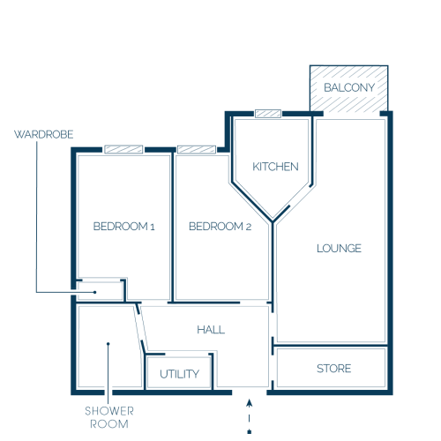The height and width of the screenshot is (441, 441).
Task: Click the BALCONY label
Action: [x=349, y=87]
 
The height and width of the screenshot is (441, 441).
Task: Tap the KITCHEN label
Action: [x=275, y=167]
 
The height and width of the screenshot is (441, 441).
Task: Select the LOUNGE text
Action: [x=339, y=249]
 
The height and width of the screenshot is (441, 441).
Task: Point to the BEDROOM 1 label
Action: [x=123, y=227]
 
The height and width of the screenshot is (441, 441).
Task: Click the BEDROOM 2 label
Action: [x=220, y=227]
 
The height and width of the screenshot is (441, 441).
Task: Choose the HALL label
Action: [x=211, y=330]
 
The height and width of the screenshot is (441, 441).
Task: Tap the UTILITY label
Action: [x=179, y=374]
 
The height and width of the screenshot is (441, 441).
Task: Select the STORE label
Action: [x=334, y=369]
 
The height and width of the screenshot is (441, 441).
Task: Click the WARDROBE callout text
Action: [x=44, y=134]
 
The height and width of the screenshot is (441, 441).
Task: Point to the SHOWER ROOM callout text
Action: [x=109, y=417]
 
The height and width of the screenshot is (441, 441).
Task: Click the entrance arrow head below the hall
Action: [x=250, y=403]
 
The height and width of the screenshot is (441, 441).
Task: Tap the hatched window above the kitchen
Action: [x=268, y=114]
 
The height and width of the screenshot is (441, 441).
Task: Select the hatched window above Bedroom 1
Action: [x=123, y=149]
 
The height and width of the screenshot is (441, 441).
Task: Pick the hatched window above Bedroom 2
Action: [x=197, y=149]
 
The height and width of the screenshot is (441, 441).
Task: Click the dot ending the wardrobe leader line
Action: [x=95, y=292]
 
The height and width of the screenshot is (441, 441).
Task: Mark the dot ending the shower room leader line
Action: [x=108, y=344]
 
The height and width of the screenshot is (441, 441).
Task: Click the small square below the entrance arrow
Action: [x=250, y=432]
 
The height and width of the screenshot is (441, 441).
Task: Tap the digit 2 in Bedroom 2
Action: [x=249, y=227]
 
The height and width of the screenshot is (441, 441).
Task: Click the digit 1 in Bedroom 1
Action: [x=153, y=227]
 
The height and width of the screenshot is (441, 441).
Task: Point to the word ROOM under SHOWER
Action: [x=109, y=424]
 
